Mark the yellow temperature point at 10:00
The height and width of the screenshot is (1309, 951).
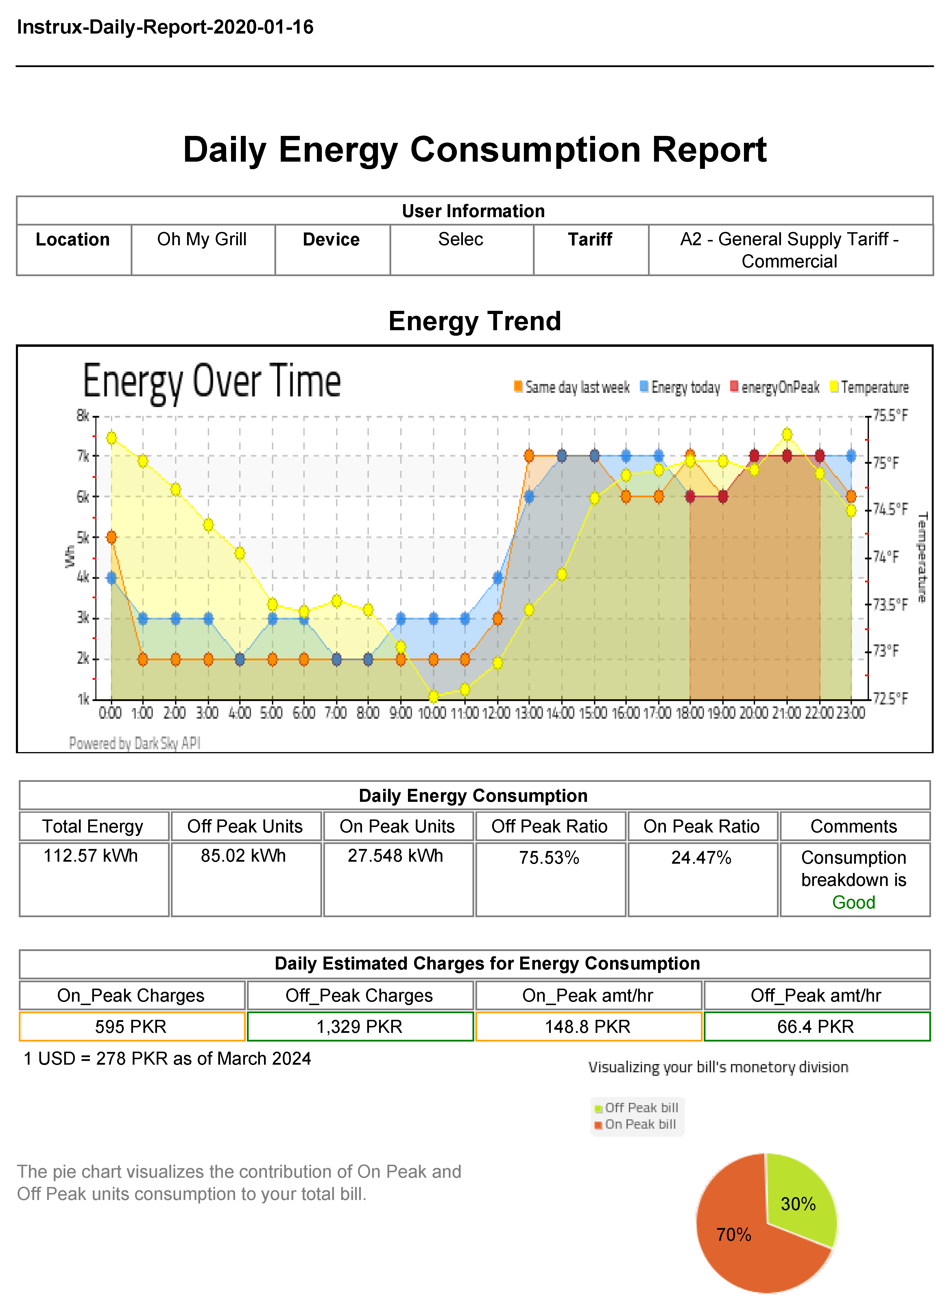tap(433, 697)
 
